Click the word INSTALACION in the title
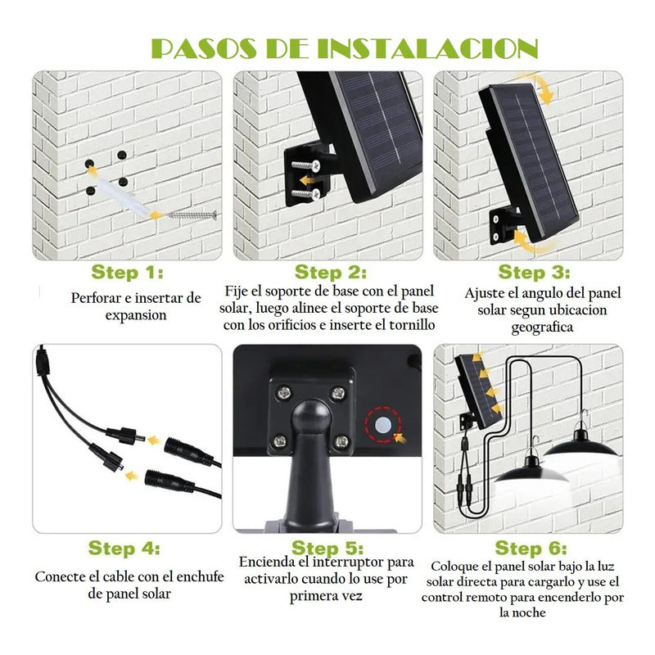click(x=427, y=48)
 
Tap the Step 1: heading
click(x=127, y=273)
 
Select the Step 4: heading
click(x=124, y=548)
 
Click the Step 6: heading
click(x=531, y=548)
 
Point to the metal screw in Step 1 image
click(x=192, y=215)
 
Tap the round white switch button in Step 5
click(x=383, y=425)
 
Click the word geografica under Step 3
click(x=542, y=327)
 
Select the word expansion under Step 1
click(x=136, y=315)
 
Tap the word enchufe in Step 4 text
click(x=200, y=576)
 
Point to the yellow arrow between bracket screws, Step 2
click(x=308, y=180)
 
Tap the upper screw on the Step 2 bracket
click(x=305, y=165)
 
